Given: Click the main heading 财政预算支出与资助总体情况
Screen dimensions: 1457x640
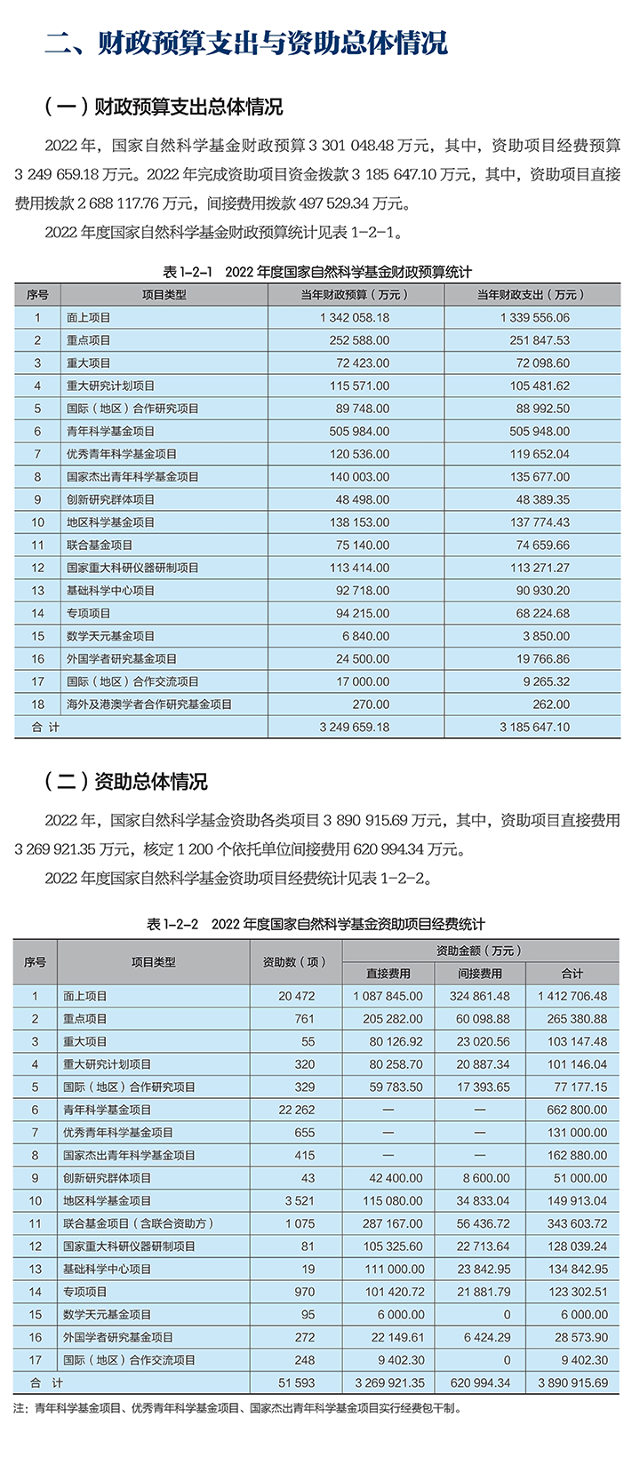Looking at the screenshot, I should (x=247, y=42).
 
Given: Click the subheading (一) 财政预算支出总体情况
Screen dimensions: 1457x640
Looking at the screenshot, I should (x=164, y=107).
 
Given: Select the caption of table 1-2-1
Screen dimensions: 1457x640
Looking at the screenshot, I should (x=317, y=272).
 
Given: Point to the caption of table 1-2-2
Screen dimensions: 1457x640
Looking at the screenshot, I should (x=316, y=924).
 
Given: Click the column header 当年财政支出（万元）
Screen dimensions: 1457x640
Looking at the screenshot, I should (x=532, y=295).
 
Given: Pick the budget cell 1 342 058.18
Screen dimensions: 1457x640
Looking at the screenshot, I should (x=355, y=317).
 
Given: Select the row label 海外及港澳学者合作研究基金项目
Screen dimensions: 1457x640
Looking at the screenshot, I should (x=148, y=705).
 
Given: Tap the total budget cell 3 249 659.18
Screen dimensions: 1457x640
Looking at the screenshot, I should (x=355, y=727).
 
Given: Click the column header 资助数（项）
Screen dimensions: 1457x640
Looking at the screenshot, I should (x=295, y=962).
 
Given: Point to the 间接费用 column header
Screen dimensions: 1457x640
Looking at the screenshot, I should (x=480, y=974).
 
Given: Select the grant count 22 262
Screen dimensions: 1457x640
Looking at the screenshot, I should (x=297, y=1110).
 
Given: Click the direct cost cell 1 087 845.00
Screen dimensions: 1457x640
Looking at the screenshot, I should (x=388, y=996).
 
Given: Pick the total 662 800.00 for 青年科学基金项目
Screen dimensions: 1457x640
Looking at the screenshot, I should (x=572, y=1110).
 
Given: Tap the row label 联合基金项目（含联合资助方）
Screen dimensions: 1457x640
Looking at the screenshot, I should (x=139, y=1223).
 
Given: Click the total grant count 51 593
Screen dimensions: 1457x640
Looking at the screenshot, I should (x=297, y=1382).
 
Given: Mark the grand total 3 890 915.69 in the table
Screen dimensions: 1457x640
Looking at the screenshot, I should (x=572, y=1382).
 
